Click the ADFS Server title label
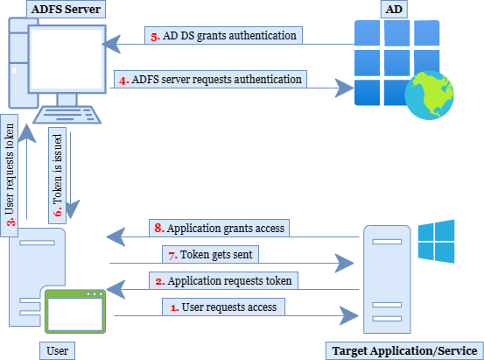(68, 11)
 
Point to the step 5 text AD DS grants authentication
(224, 36)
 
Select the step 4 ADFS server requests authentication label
(211, 80)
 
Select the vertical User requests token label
(11, 170)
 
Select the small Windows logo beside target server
(436, 242)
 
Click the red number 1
(173, 307)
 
